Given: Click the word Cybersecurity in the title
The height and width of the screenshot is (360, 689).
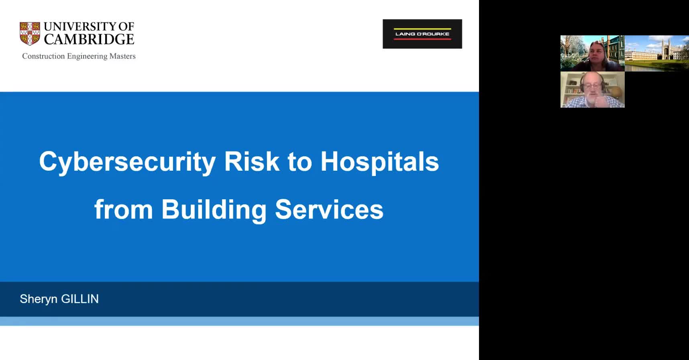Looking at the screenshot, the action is [x=127, y=162].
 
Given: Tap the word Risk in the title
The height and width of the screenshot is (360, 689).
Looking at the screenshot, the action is [x=251, y=162].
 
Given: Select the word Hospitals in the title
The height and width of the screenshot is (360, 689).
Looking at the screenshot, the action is [x=379, y=162].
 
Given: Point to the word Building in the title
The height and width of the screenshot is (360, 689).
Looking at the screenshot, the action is [x=214, y=210].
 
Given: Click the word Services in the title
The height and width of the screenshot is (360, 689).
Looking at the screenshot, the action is [x=329, y=210].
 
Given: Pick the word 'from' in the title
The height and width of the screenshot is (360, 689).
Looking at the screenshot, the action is [x=123, y=210].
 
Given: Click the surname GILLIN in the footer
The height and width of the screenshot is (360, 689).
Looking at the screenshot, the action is [x=79, y=299].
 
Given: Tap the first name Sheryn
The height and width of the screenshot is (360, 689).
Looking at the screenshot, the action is [x=39, y=299].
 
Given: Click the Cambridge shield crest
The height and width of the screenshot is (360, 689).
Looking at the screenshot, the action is [x=30, y=34].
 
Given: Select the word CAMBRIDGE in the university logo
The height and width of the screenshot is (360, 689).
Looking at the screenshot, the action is [x=89, y=39].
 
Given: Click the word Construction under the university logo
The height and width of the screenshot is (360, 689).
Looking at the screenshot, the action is [x=43, y=56].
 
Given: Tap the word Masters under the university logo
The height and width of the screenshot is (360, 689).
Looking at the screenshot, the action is [x=122, y=56].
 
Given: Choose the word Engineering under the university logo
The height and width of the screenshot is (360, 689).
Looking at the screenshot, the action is [x=87, y=57].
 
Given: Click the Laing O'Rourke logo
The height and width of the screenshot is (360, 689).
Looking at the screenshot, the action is [x=422, y=34].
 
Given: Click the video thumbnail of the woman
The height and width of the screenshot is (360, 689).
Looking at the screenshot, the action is [x=593, y=53].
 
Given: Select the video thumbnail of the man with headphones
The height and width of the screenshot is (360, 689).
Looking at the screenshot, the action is [x=593, y=90].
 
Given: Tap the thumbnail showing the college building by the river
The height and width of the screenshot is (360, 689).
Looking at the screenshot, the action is [x=657, y=53].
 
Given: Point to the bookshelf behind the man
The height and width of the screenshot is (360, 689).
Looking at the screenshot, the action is [x=571, y=89].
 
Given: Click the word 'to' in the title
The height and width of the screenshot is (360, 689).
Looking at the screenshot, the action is [x=300, y=162].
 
